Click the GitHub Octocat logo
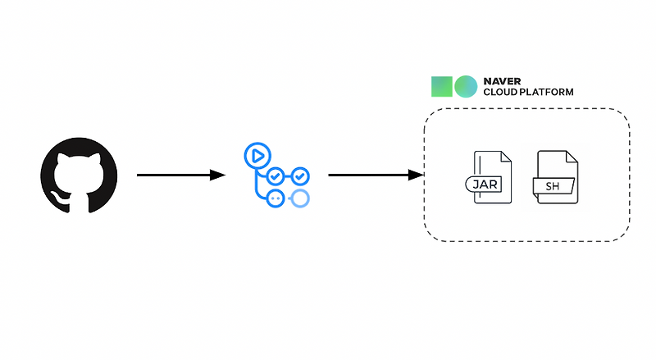click(79, 175)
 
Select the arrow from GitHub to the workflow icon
click(176, 175)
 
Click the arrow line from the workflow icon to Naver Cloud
click(369, 175)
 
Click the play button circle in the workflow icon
click(257, 155)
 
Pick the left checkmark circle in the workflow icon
click(276, 176)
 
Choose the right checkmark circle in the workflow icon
click(301, 175)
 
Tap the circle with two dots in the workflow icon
click(276, 198)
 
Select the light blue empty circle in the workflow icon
click(300, 198)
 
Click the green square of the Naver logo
click(442, 87)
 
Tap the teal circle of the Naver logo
click(465, 87)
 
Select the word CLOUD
click(499, 93)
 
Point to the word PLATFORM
click(545, 93)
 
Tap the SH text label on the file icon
click(553, 186)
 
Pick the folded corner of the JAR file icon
click(504, 157)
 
